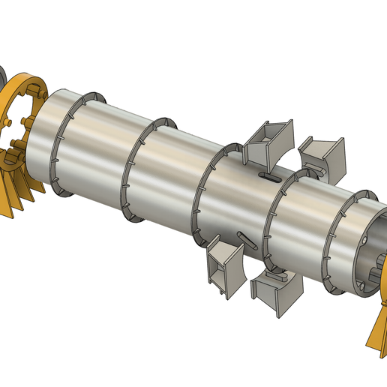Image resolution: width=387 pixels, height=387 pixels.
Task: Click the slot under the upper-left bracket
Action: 268,178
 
